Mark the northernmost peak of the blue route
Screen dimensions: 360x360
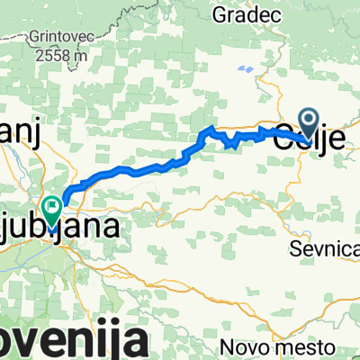[x=211, y=130]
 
